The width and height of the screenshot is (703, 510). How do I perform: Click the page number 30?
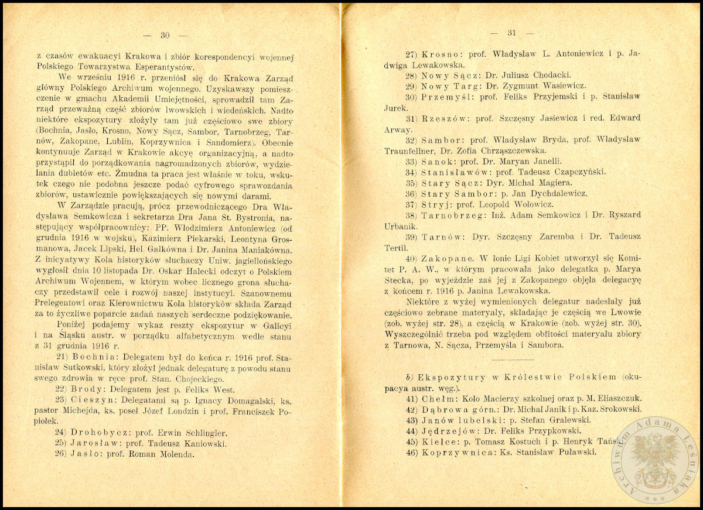point(165,36)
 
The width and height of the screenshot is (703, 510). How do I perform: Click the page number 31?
point(510,33)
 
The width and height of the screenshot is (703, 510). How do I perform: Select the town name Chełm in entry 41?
point(437,398)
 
